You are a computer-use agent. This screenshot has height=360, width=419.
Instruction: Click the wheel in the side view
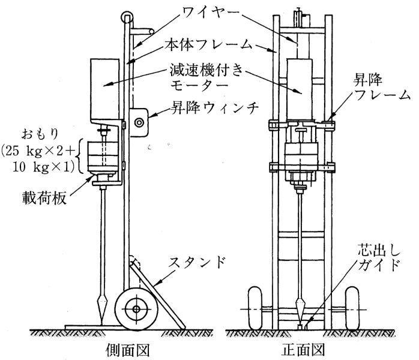tap(137, 310)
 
